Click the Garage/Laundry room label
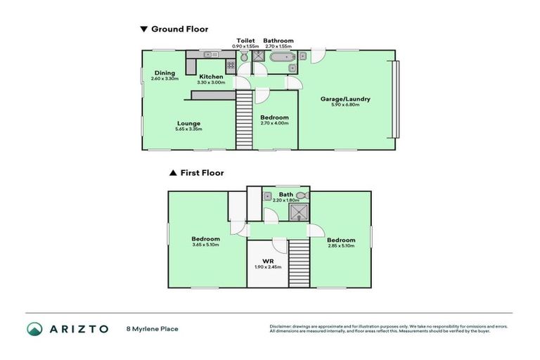345,99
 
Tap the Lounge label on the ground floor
188,123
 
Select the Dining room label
165,72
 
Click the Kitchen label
210,77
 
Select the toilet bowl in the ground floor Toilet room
243,58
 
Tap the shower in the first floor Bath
300,210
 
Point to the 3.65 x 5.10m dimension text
205,245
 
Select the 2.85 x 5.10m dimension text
340,245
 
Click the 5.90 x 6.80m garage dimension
345,105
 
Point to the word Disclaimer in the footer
282,326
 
